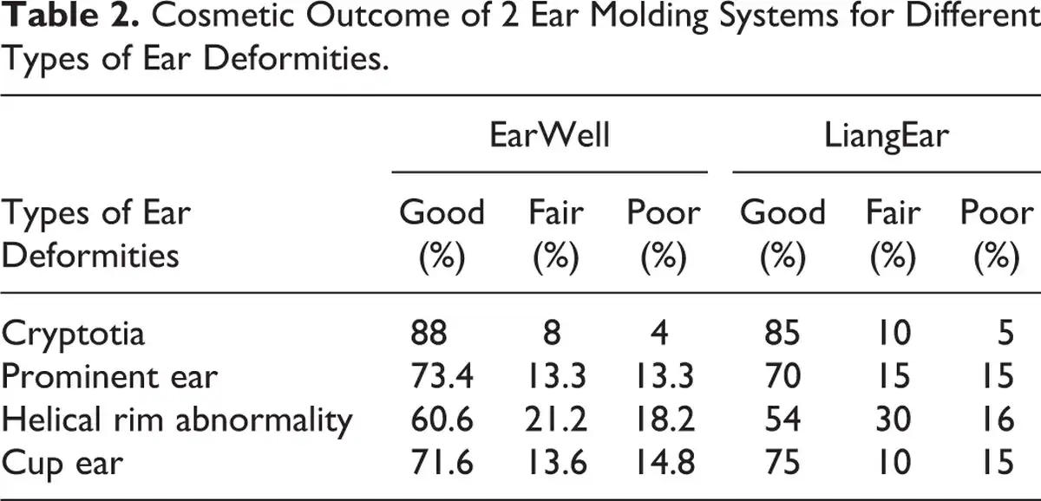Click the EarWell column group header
coord(549,135)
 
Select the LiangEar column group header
coord(887,136)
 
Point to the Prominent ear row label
coord(109,376)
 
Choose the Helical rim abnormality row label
coord(177,420)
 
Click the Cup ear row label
coord(62,464)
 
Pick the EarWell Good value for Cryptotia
coord(429,333)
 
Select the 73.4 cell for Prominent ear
coord(442,376)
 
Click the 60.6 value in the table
coord(442,420)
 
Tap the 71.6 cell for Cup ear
coord(442,463)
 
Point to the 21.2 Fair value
coord(556,420)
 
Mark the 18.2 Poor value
coord(664,420)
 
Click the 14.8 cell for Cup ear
coord(664,463)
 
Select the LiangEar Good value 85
coord(782,333)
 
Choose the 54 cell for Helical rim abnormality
coord(782,420)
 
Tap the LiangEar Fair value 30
coord(893,420)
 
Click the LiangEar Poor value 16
coord(998,420)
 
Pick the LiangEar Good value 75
coord(782,463)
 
